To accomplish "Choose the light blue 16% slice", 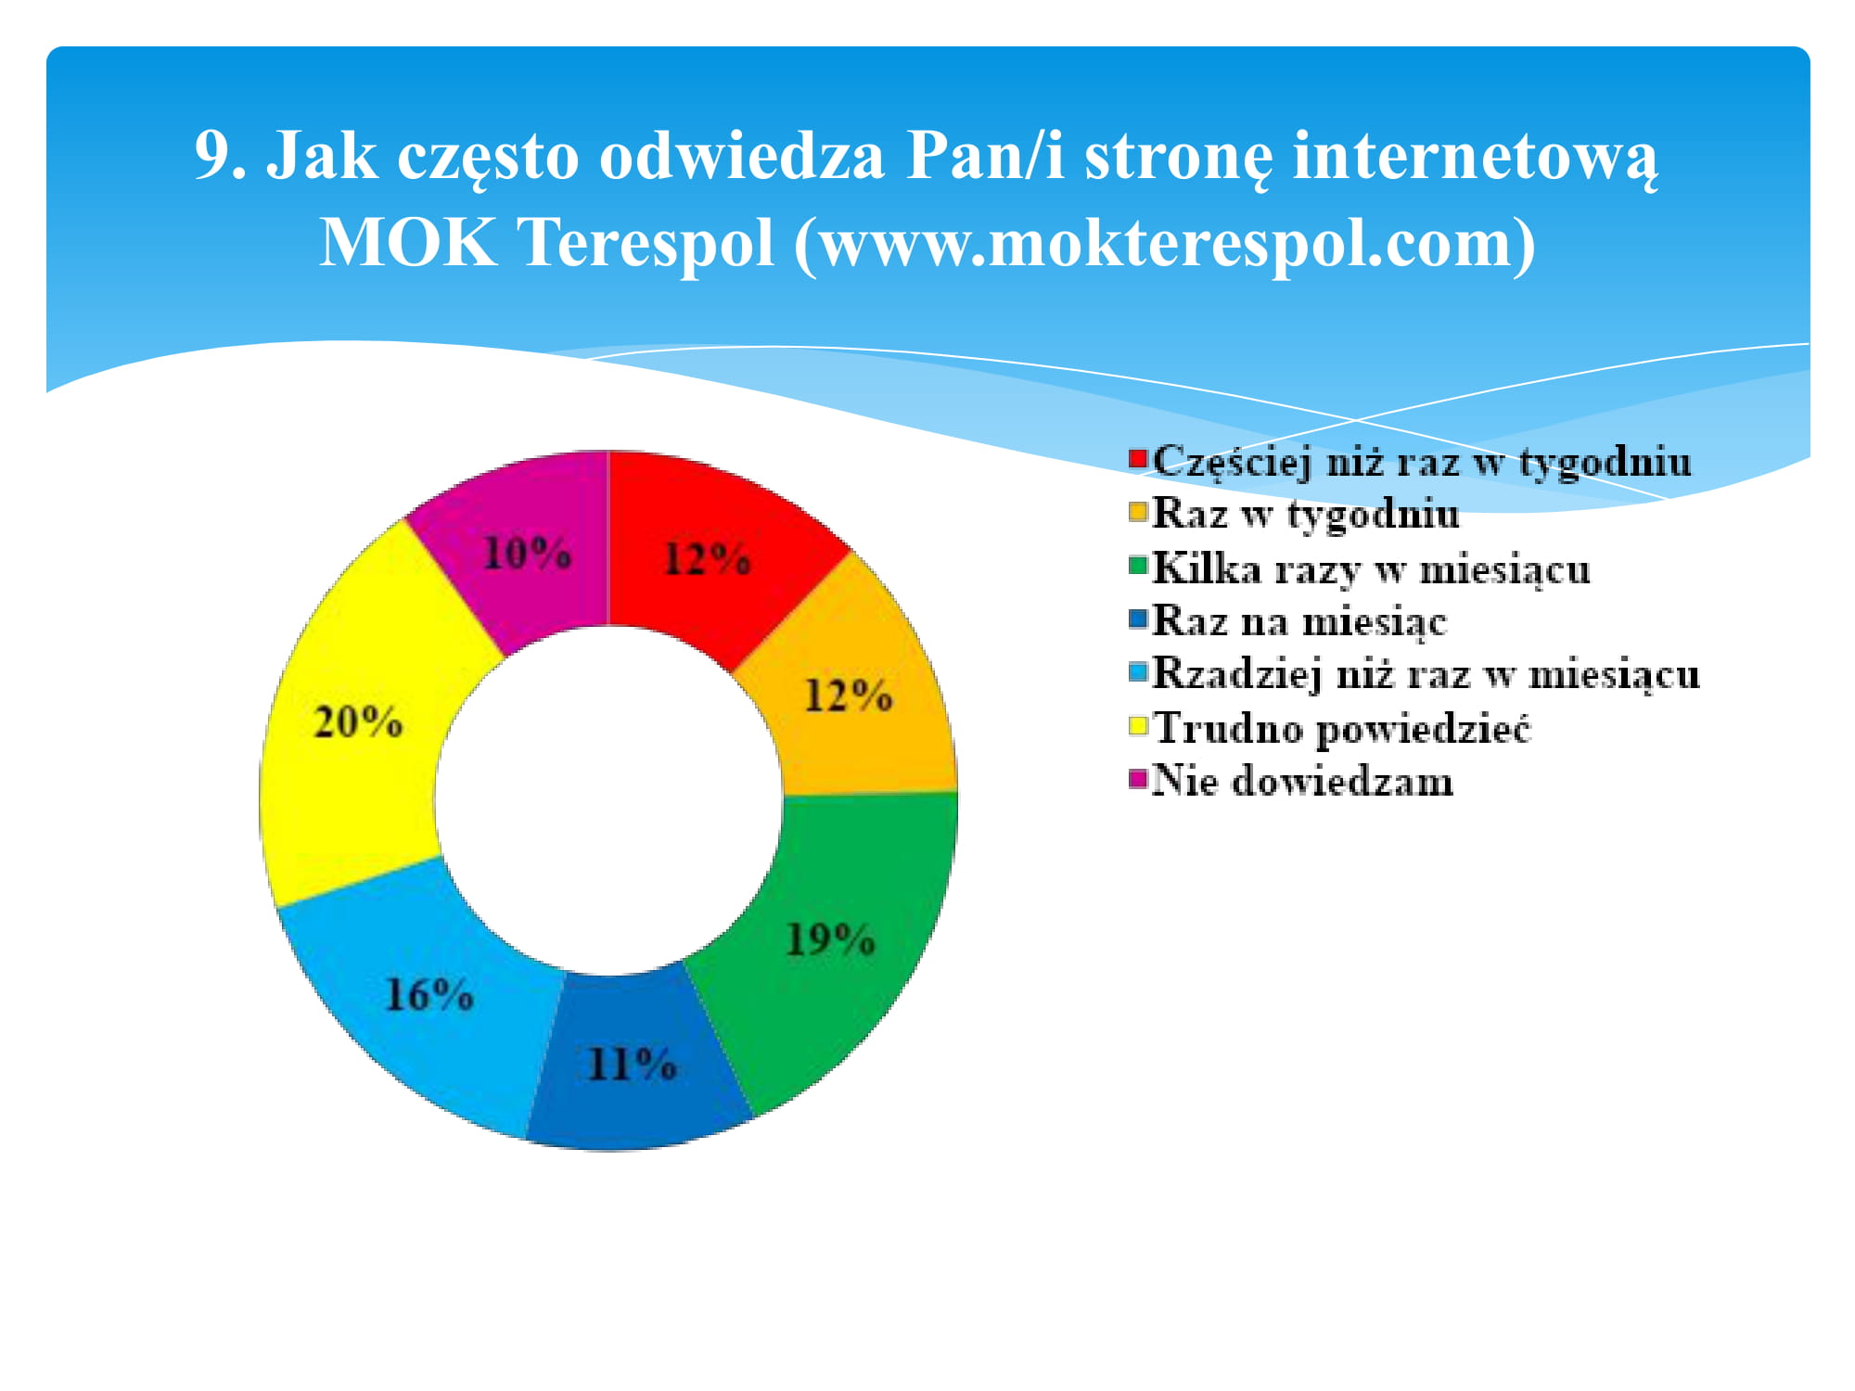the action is point(422,1002).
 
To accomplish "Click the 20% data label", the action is point(358,721).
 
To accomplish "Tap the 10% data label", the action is point(526,554).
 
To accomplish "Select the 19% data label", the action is point(830,939).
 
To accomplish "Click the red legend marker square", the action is point(1138,458).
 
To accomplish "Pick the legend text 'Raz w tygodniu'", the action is point(1305,513).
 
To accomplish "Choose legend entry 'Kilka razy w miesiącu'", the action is point(1371,568).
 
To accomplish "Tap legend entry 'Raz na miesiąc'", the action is point(1299,620).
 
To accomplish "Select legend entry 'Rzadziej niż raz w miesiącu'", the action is point(1426,673).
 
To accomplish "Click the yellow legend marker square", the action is point(1138,724).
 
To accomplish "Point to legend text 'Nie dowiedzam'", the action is point(1302,781).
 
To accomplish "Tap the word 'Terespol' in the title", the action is point(644,243).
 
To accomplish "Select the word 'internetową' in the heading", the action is point(1474,157).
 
